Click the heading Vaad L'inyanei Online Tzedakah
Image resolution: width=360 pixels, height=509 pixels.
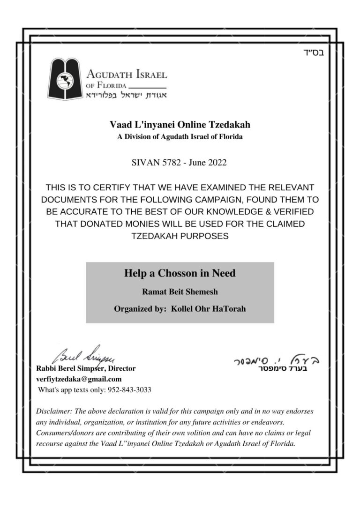click(180, 125)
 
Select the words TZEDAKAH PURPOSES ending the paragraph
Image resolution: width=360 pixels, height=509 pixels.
click(180, 236)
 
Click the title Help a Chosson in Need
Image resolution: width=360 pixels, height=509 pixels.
click(180, 273)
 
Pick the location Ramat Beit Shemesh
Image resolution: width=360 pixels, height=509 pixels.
click(180, 292)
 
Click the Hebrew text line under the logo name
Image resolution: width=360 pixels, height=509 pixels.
click(126, 95)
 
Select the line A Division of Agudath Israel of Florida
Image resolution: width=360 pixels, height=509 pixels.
click(180, 137)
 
